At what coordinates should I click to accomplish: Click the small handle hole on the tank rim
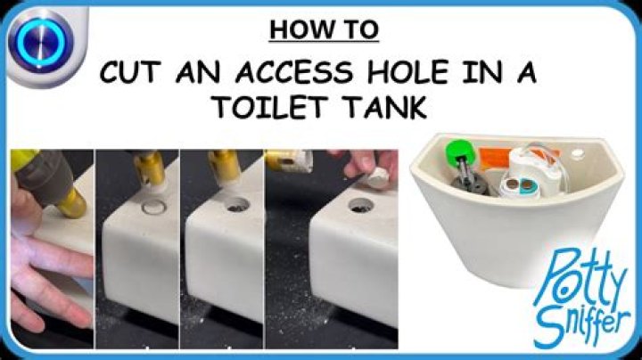(581, 152)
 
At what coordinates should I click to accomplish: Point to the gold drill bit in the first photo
(70, 202)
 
